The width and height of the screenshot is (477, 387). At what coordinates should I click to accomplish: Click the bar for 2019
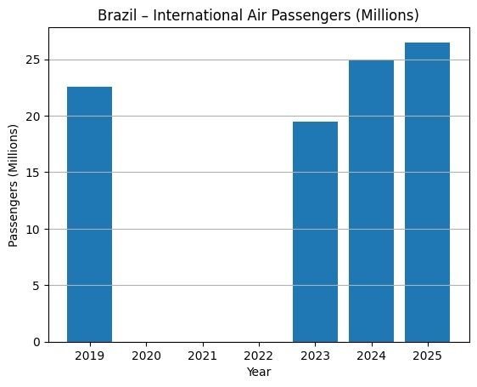[x=89, y=214]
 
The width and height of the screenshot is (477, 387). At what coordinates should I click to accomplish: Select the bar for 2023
[x=315, y=231]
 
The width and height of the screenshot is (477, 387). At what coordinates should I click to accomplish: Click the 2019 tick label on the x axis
[x=89, y=357]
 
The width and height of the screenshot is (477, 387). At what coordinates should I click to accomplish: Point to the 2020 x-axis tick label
[x=146, y=357]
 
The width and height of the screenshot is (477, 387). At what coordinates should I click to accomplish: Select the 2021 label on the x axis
[x=202, y=357]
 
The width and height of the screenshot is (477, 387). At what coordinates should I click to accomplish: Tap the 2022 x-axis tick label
[x=258, y=357]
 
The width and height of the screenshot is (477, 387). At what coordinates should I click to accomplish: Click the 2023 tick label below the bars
[x=315, y=357]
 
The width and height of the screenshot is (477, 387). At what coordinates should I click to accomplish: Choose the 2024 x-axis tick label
[x=371, y=357]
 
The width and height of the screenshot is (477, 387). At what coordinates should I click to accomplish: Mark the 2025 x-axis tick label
[x=427, y=357]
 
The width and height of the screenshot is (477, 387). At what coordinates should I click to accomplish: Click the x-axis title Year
[x=258, y=372]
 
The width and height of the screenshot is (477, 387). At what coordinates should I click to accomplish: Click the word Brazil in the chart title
[x=130, y=14]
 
